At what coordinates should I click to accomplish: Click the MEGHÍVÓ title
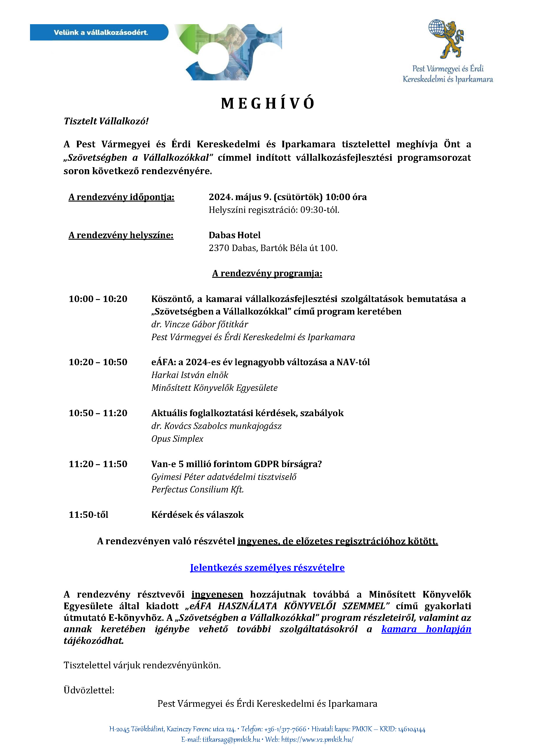coord(267,103)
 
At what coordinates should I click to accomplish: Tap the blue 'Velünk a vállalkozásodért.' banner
coord(99,32)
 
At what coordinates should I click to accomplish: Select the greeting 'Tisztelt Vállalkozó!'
coord(106,121)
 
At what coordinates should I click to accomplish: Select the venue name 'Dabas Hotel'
coord(235,235)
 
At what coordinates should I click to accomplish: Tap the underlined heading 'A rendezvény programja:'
coord(267,273)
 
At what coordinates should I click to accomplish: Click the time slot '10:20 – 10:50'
coord(98,362)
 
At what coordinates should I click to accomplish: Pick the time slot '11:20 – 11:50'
coord(98,464)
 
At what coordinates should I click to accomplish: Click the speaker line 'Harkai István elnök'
coord(190,375)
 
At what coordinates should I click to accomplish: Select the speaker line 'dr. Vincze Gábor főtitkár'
coord(200,324)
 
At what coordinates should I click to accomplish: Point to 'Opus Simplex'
coord(177,439)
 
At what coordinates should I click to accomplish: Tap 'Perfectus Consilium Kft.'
coord(198,489)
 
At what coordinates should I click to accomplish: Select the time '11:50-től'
coord(88,515)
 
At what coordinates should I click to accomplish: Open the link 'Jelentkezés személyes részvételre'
coord(267,568)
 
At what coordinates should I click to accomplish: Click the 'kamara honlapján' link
coord(426,629)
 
